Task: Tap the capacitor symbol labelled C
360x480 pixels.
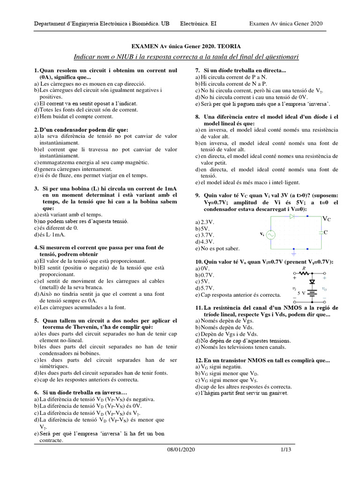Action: pos(320,232)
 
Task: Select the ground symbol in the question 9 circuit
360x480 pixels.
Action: pos(293,254)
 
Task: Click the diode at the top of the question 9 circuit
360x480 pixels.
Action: pos(292,217)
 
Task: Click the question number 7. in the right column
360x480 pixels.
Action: pos(198,70)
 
